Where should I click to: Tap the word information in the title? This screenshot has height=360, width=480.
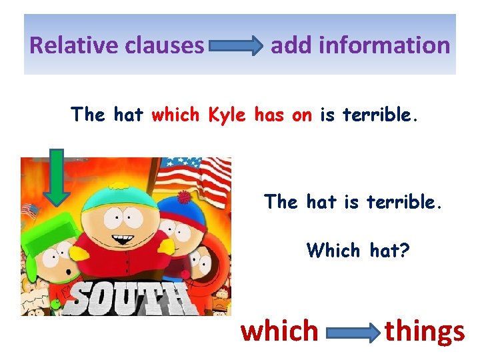tap(385, 45)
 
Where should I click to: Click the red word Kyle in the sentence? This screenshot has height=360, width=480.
tap(227, 115)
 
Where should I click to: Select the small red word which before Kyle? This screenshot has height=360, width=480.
tap(176, 115)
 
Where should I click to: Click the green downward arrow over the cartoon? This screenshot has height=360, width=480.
tap(57, 177)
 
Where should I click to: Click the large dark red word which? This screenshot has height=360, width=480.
tap(280, 331)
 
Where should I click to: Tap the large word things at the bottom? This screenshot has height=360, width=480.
tap(425, 331)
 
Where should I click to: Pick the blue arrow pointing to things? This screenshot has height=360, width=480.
tap(353, 333)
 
